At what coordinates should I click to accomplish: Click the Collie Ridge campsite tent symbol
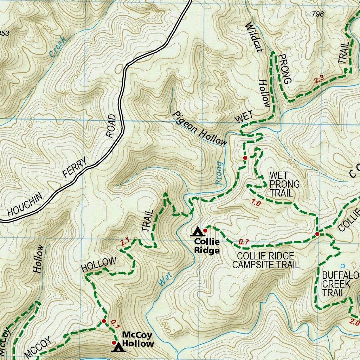coord(198,231)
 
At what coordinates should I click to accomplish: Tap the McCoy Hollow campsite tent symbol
coord(118,347)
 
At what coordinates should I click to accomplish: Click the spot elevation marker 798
coord(309,14)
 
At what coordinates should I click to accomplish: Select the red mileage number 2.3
coord(319,80)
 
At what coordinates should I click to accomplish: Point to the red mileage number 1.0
coord(256,202)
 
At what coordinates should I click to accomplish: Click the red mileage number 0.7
coord(244,242)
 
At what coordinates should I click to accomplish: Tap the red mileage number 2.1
coord(125,242)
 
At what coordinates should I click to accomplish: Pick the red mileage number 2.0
coord(354,322)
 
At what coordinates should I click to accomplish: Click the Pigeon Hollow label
coord(199,128)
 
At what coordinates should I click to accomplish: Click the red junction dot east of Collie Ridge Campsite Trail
coord(317,234)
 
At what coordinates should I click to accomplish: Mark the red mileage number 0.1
coord(115,322)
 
